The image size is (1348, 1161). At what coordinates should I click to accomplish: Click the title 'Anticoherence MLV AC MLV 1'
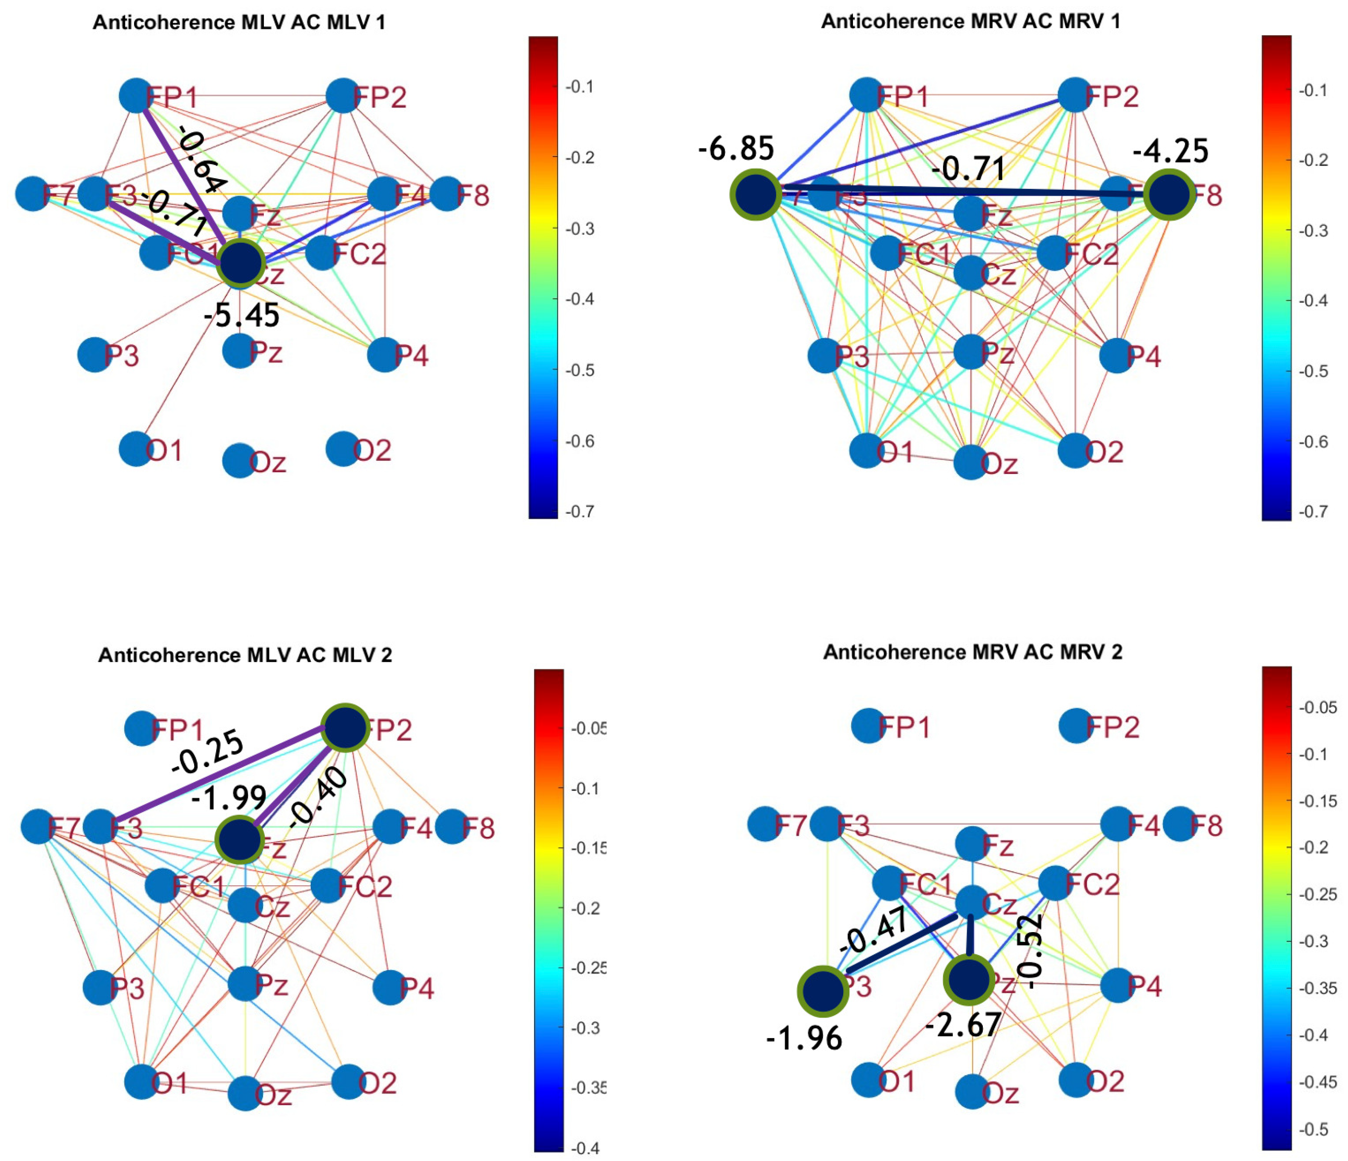coord(239,23)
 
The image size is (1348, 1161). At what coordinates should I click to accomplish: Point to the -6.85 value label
coord(736,149)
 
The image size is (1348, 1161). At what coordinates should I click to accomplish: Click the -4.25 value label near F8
coord(1171,151)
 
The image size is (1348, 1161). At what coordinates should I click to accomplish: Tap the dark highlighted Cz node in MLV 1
coord(241,263)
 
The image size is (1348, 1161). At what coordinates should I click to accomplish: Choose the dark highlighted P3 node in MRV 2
coord(823,991)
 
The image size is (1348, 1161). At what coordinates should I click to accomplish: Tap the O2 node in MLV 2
coord(348,1081)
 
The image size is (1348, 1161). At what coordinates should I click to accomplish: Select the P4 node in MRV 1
coord(1116,356)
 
